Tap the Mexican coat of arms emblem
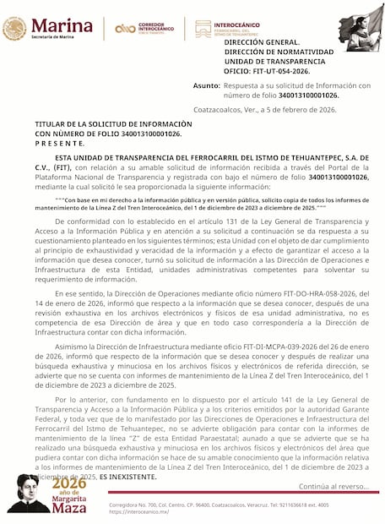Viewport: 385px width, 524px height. click(14, 28)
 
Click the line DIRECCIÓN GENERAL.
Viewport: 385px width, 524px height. click(262, 41)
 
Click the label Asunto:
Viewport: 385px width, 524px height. click(206, 86)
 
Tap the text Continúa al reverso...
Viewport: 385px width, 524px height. click(333, 487)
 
